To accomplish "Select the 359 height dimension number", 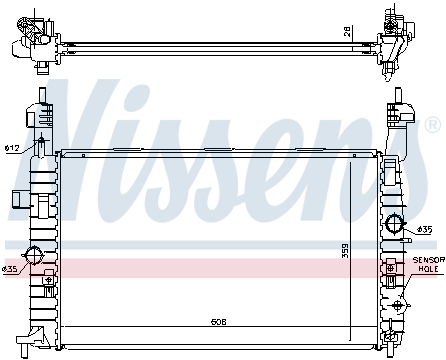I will coord(346,248).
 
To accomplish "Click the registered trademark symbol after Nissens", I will coord(432,125).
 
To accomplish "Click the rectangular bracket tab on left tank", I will coord(20,196).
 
